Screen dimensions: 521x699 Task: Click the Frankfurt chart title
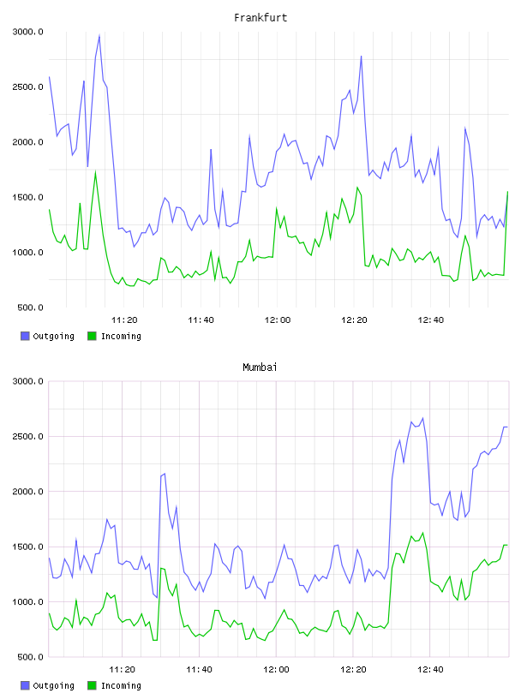point(260,18)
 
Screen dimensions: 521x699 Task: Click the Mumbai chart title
point(260,367)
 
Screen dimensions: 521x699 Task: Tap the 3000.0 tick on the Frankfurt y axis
point(27,32)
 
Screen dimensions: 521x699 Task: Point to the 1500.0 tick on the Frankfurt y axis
point(27,198)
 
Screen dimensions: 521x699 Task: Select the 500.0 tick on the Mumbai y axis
point(30,657)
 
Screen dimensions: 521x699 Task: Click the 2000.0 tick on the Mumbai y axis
point(27,492)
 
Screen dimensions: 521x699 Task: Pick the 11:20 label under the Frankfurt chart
point(124,320)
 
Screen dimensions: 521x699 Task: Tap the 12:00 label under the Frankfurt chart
point(278,320)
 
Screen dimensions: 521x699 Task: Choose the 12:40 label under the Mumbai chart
point(430,670)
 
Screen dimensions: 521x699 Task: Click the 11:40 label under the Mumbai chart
point(199,670)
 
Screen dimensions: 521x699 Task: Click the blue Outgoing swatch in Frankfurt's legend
point(25,336)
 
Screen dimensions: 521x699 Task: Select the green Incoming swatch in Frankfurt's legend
point(92,336)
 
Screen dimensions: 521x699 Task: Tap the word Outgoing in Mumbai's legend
point(53,685)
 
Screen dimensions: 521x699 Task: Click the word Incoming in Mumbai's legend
point(121,685)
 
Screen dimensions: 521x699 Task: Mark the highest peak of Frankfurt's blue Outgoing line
point(99,36)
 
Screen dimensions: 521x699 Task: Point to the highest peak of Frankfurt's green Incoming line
point(95,172)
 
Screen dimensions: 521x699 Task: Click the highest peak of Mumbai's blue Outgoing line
point(422,418)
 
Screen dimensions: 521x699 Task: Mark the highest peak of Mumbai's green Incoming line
point(422,533)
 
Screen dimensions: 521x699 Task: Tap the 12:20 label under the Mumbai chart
point(354,670)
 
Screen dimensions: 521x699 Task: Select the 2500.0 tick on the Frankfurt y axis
point(27,87)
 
